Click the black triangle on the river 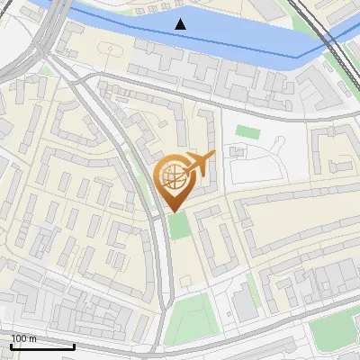181,24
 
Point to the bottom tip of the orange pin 174,212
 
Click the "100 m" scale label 24,338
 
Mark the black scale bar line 42,346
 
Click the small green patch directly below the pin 180,225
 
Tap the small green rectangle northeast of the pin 247,132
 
